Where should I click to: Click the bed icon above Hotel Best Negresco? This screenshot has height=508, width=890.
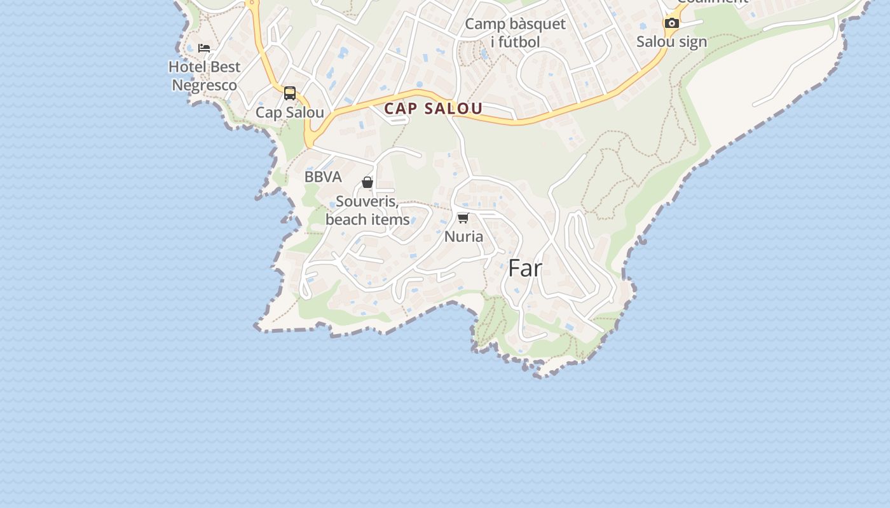pos(203,48)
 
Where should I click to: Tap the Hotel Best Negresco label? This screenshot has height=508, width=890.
pos(204,76)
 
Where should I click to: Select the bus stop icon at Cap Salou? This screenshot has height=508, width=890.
pos(290,93)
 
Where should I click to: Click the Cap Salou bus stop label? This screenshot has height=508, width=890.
pos(290,112)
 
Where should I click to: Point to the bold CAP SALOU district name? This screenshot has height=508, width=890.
pos(433,109)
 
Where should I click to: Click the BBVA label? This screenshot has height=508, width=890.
pos(323,177)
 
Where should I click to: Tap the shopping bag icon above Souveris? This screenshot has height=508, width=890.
pos(367,182)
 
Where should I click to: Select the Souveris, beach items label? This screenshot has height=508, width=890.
pos(367,210)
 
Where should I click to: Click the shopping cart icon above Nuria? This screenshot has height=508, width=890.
pos(463,218)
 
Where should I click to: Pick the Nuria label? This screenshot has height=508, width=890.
pos(463,237)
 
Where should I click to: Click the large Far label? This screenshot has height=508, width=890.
pos(525,269)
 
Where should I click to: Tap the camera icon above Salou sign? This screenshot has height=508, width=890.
pos(671,23)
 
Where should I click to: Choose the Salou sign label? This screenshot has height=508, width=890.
pos(671,42)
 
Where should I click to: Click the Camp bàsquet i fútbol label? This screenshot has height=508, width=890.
pos(515,33)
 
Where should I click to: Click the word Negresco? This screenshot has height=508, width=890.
pos(204,85)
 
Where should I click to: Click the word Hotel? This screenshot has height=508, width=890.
pos(187,67)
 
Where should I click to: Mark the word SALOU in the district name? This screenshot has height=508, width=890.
pos(453,109)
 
